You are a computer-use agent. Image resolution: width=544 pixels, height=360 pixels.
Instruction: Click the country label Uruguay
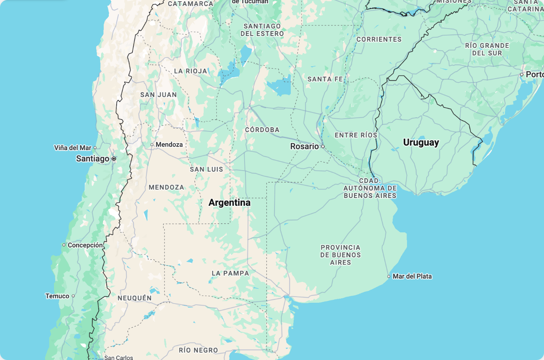pyautogui.click(x=421, y=142)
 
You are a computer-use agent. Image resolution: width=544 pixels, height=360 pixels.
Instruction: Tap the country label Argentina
pyautogui.click(x=229, y=202)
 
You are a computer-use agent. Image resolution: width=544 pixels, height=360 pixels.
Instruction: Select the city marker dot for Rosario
pyautogui.click(x=323, y=146)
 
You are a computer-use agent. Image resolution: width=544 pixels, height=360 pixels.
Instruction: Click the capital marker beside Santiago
pyautogui.click(x=114, y=159)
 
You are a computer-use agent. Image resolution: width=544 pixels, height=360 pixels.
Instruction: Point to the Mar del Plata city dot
pyautogui.click(x=389, y=277)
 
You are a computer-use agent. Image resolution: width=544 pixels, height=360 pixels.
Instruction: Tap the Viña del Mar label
pyautogui.click(x=73, y=148)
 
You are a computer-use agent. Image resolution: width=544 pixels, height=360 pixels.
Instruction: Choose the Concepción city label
pyautogui.click(x=85, y=245)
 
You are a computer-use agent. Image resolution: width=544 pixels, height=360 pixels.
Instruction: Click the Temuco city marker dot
pyautogui.click(x=73, y=296)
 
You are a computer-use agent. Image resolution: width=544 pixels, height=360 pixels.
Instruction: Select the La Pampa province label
pyautogui.click(x=230, y=273)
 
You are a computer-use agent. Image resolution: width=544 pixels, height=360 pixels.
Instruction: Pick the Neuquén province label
pyautogui.click(x=135, y=298)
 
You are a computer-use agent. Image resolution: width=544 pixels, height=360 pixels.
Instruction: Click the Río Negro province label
pyautogui.click(x=198, y=350)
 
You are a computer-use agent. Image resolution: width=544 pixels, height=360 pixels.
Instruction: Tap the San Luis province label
pyautogui.click(x=207, y=169)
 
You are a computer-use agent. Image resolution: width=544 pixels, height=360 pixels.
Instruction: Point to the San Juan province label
pyautogui.click(x=158, y=95)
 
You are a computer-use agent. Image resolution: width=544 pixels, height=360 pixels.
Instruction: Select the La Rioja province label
pyautogui.click(x=191, y=71)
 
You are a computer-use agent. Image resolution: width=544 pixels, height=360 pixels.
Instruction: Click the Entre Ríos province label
pyautogui.click(x=356, y=135)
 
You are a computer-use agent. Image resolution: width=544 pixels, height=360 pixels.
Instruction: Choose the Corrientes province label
pyautogui.click(x=379, y=39)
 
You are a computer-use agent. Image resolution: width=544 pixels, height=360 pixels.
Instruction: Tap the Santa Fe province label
pyautogui.click(x=325, y=79)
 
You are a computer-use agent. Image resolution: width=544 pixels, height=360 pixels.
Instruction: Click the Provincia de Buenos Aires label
pyautogui.click(x=340, y=255)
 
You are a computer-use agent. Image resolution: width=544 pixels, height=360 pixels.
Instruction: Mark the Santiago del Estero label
pyautogui.click(x=262, y=30)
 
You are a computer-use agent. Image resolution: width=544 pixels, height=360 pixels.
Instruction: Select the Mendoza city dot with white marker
pyautogui.click(x=152, y=144)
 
